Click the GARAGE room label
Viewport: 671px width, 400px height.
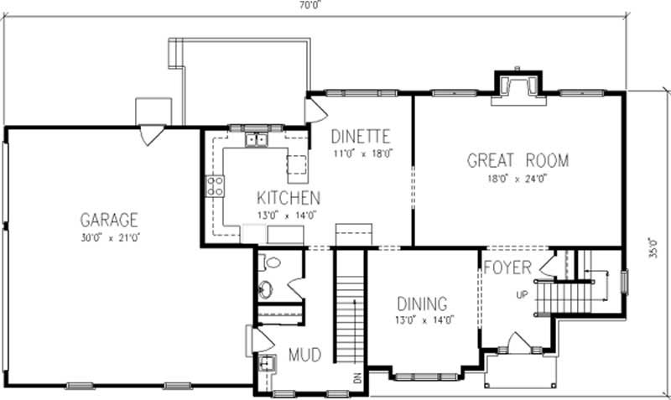coord(108,221)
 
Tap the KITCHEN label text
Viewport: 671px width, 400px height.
coord(288,199)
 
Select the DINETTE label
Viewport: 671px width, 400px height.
coord(362,136)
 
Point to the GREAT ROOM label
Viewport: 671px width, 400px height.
coord(518,160)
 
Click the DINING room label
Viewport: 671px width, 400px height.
coord(421,304)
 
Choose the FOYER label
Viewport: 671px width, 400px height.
coord(507,268)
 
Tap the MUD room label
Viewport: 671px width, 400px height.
coord(304,355)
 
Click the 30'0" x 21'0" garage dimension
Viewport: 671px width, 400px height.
coord(108,237)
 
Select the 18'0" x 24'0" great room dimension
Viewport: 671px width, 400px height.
coord(517,179)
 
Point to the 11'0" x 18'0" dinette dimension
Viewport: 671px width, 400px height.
coord(362,154)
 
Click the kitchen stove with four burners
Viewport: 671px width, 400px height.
coord(215,185)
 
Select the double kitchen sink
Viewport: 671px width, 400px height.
coord(256,140)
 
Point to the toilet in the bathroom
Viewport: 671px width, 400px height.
coord(268,263)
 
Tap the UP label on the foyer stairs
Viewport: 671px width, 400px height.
coord(522,295)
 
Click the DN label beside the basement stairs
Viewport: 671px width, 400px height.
coord(357,378)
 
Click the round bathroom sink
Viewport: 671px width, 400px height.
coord(265,290)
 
